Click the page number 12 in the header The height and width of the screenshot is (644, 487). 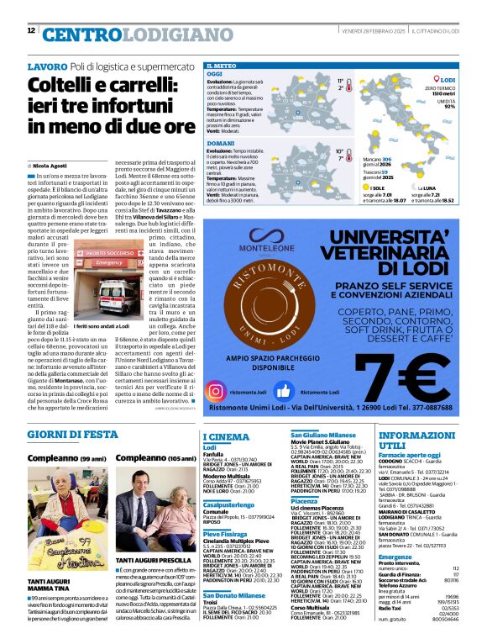(x=30, y=31)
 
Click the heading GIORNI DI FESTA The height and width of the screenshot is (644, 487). (x=71, y=434)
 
